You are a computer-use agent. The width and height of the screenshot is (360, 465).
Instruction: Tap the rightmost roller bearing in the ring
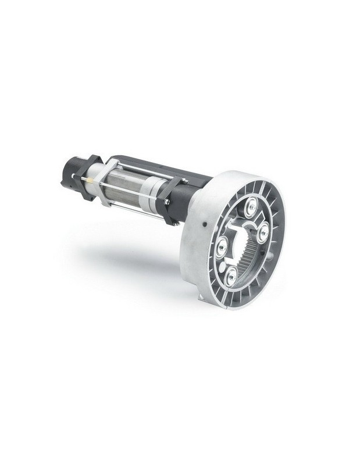click(263, 233)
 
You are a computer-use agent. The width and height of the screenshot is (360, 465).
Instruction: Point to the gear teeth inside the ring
click(251, 259)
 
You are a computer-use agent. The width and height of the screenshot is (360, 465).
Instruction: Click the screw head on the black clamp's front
click(167, 202)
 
